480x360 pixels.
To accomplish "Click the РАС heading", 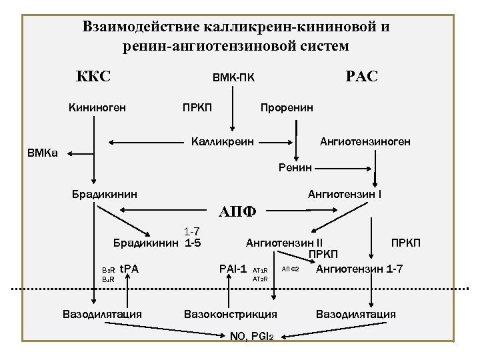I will coord(361,76).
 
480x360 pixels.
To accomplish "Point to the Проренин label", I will coord(287,107).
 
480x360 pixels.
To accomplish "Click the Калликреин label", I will coord(222,141).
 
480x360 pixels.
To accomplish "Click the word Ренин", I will coord(295,168).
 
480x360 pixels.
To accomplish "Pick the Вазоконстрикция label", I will coord(230,313).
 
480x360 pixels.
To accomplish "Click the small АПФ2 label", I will coord(291,269).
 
